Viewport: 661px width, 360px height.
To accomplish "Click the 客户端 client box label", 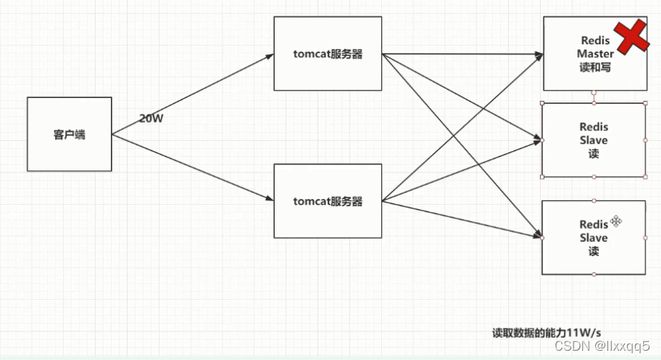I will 69,134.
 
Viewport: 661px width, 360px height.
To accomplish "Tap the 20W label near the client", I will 151,119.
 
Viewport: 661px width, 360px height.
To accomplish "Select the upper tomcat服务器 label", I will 328,54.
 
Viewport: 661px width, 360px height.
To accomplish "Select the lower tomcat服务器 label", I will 328,201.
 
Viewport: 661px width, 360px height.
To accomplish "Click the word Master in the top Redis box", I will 595,54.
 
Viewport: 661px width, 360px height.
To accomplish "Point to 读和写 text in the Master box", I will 595,67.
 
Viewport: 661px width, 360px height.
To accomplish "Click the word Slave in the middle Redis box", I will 594,140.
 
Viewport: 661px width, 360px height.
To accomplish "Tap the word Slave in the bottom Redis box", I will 594,238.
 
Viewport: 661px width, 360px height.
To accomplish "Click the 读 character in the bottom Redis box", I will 594,251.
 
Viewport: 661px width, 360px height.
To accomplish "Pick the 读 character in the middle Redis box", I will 594,154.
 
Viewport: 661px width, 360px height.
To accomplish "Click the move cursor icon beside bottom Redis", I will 616,221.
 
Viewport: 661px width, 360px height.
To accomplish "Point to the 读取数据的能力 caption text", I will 529,333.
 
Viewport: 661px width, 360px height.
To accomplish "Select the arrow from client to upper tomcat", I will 193,93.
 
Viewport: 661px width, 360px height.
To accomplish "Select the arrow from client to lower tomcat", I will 193,169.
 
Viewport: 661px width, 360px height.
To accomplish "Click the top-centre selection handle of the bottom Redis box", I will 594,200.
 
